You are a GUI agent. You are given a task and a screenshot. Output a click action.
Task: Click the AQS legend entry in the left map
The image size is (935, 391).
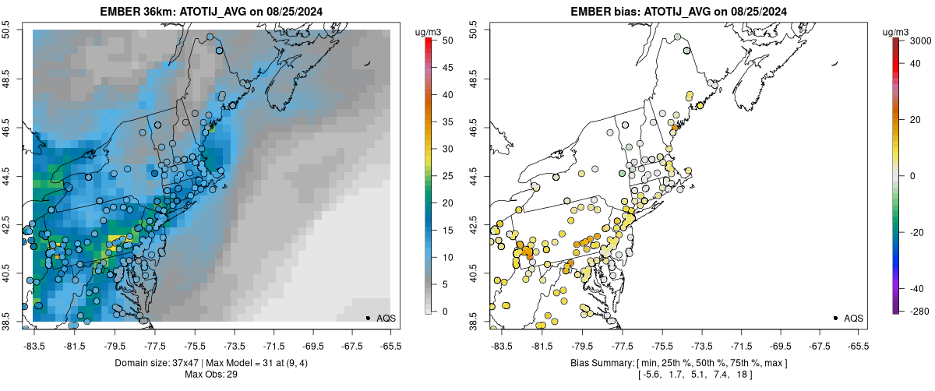(379, 319)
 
